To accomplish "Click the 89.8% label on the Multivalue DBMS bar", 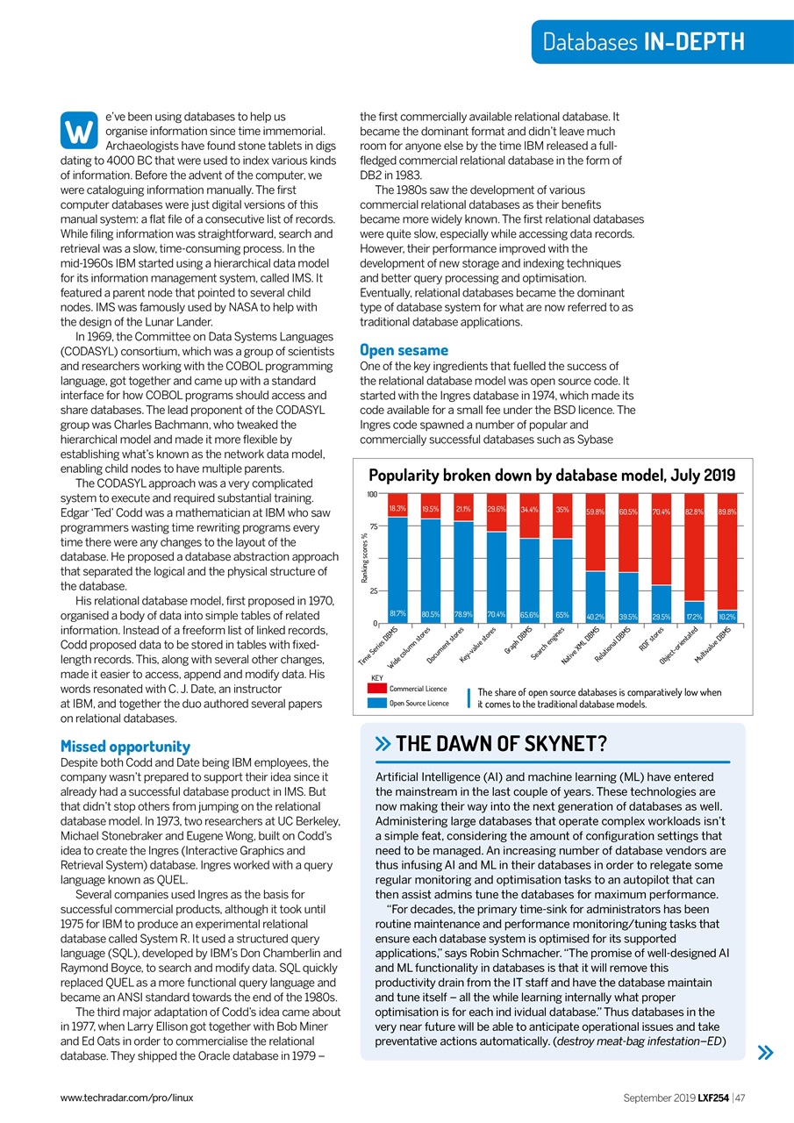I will [728, 511].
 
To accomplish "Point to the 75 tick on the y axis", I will [372, 526].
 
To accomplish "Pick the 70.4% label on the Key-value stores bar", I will [496, 613].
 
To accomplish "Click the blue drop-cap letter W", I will [78, 132].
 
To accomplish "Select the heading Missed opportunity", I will [125, 746].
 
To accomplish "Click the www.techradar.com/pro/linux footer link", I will [126, 1097].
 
